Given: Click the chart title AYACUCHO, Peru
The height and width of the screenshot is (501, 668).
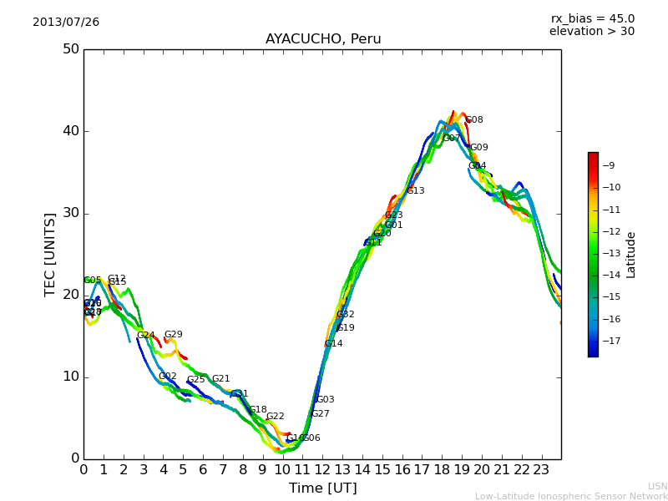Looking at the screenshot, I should pos(322,39).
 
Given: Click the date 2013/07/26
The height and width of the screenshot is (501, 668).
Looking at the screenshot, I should pos(66,23).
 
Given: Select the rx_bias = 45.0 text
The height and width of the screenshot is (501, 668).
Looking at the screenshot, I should pos(592,18).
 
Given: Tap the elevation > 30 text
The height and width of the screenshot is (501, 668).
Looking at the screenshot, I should pos(592,32).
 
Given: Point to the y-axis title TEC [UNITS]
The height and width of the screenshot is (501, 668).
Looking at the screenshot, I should pos(50,254).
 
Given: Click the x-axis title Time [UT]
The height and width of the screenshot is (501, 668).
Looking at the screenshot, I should pos(322,488).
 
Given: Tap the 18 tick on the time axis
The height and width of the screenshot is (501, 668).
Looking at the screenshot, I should pos(442,470).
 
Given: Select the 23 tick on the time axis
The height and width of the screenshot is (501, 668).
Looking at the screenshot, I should pos(541,470).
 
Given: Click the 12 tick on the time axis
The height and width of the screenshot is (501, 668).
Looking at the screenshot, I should pos(322,470).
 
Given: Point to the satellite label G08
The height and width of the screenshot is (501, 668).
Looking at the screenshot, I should pos(473,120).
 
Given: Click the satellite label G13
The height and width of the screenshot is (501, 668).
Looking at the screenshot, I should pos(415,191).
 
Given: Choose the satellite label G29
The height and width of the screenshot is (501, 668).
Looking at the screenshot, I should pos(173,335).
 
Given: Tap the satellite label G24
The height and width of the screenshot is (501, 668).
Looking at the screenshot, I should pos(145,336).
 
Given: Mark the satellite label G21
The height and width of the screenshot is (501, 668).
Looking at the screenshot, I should pos(220,379).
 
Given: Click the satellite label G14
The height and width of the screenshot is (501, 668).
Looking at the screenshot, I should pos(333,344).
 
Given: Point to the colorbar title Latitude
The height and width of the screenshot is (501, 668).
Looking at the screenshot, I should pos(631,255).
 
